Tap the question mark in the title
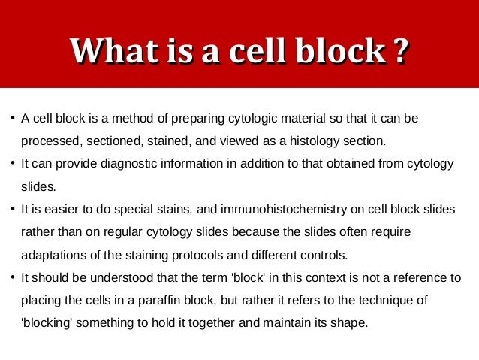tap(400, 51)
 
